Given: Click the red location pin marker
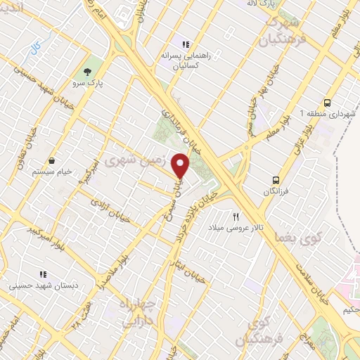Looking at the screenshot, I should click(x=181, y=165).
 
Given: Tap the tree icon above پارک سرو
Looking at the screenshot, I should click(x=87, y=72).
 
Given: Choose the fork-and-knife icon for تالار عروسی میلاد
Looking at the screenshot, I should click(x=236, y=217).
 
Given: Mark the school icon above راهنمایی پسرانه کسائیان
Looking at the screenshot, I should click(x=185, y=44).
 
